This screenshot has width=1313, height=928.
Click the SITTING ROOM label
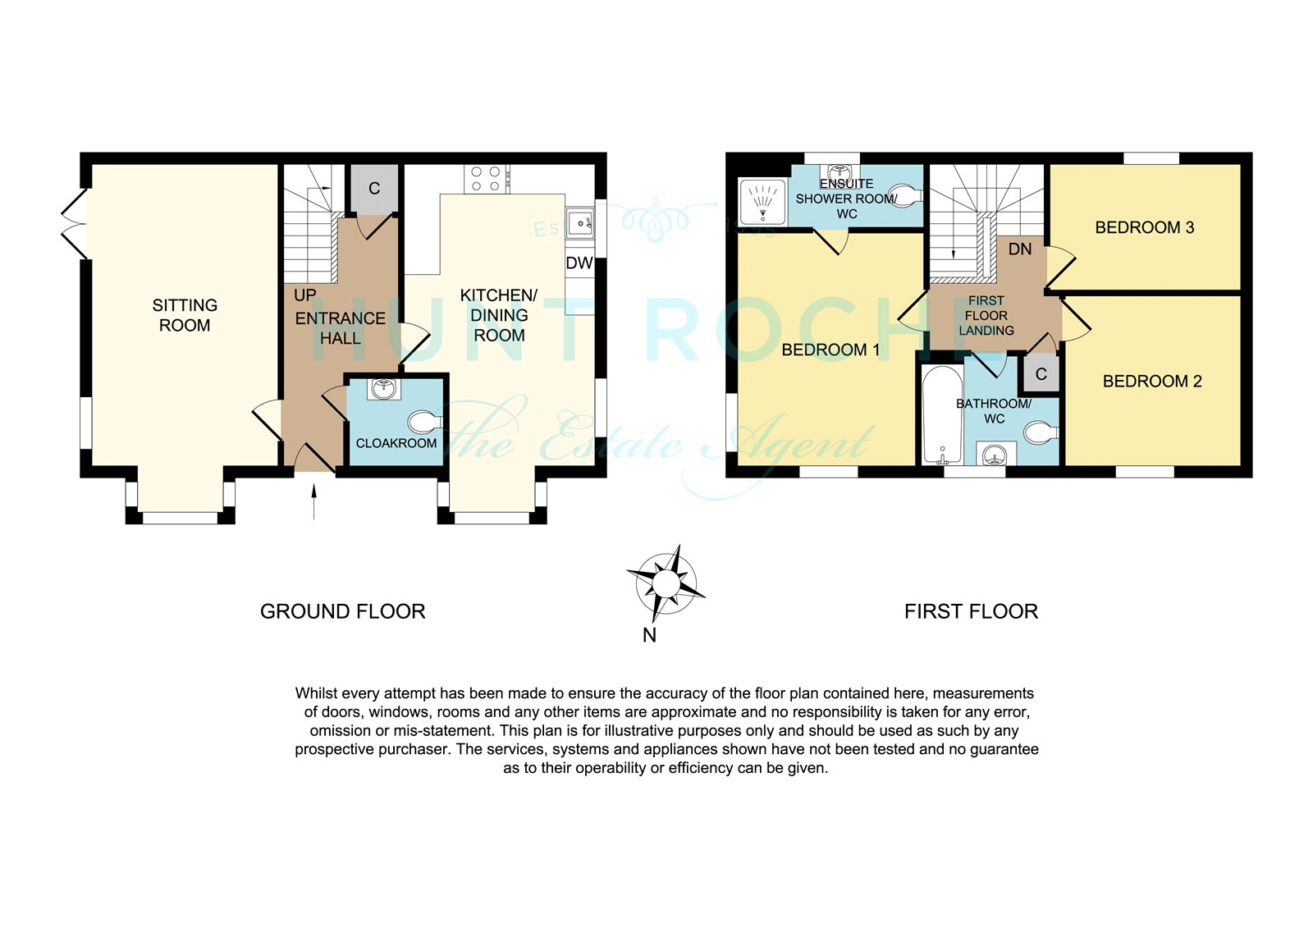pyautogui.click(x=185, y=315)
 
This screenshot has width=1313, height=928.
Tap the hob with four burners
pyautogui.click(x=487, y=179)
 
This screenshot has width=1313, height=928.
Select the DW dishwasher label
pyautogui.click(x=579, y=263)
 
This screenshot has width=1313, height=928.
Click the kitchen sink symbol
pyautogui.click(x=580, y=222)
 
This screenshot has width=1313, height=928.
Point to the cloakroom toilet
pyautogui.click(x=425, y=422)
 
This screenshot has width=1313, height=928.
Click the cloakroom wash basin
pyautogui.click(x=384, y=389)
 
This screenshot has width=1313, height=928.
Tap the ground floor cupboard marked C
pyautogui.click(x=374, y=189)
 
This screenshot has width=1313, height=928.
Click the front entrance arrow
pyautogui.click(x=314, y=501)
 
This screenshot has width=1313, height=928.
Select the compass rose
pyautogui.click(x=666, y=583)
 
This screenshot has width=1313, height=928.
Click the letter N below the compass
pyautogui.click(x=649, y=635)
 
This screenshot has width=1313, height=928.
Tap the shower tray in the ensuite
pyautogui.click(x=762, y=202)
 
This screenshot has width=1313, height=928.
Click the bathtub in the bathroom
pyautogui.click(x=942, y=414)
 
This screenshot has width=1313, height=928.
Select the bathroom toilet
pyautogui.click(x=1041, y=432)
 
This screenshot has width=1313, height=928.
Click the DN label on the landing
pyautogui.click(x=1020, y=249)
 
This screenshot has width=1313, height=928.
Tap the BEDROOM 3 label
pyautogui.click(x=1144, y=227)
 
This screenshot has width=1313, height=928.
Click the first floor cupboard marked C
pyautogui.click(x=1041, y=373)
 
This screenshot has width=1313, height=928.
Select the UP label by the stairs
pyautogui.click(x=304, y=295)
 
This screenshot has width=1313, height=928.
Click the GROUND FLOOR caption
pyautogui.click(x=342, y=611)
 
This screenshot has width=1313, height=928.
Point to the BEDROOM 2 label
pyautogui.click(x=1152, y=381)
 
